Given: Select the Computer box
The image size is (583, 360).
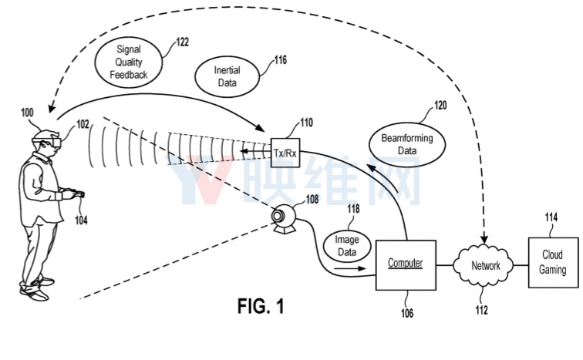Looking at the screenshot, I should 405,264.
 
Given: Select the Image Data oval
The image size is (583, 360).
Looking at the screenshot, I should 345,245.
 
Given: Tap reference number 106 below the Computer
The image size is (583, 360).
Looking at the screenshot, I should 406,313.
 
